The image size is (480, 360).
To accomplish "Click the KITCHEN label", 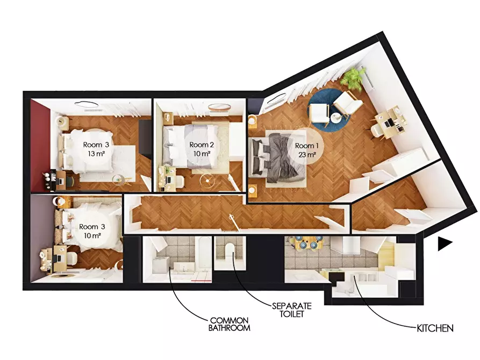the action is coord(435,328).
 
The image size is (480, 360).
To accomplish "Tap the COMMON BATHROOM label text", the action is coord(230,325).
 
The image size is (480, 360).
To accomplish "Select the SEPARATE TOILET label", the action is coord(292,310).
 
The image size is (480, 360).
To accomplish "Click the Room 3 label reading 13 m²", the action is coord(96,149).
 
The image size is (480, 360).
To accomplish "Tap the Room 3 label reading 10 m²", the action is coord(92,231).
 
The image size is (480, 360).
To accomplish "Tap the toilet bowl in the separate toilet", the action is coord(228,250).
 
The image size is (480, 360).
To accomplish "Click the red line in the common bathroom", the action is coord(201,280).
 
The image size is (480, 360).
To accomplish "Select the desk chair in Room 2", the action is coord(179,182).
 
